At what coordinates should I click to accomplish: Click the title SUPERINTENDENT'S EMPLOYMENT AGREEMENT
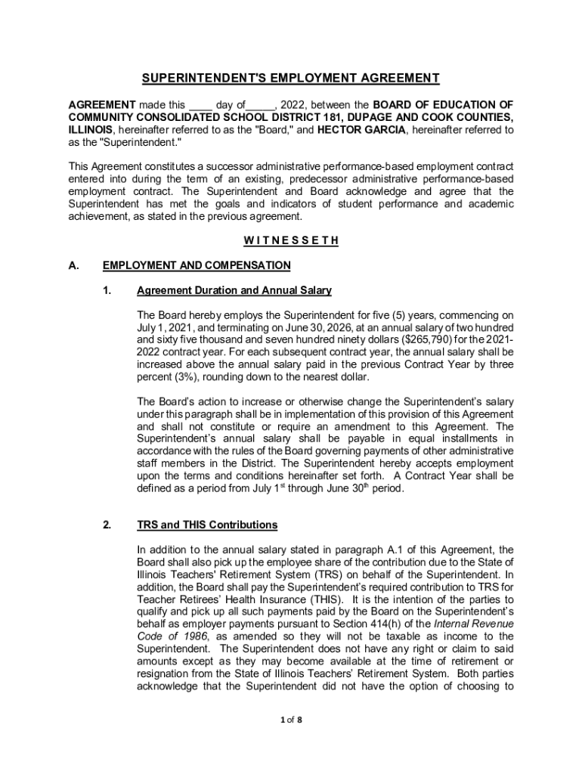(290, 79)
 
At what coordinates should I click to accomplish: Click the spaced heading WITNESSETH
(290, 241)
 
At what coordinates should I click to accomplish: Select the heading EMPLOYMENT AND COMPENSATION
(196, 265)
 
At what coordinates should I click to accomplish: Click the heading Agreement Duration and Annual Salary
(234, 290)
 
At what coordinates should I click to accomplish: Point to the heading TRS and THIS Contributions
(207, 525)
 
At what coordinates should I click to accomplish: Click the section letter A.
(73, 265)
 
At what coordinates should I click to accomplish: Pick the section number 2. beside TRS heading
(108, 525)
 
